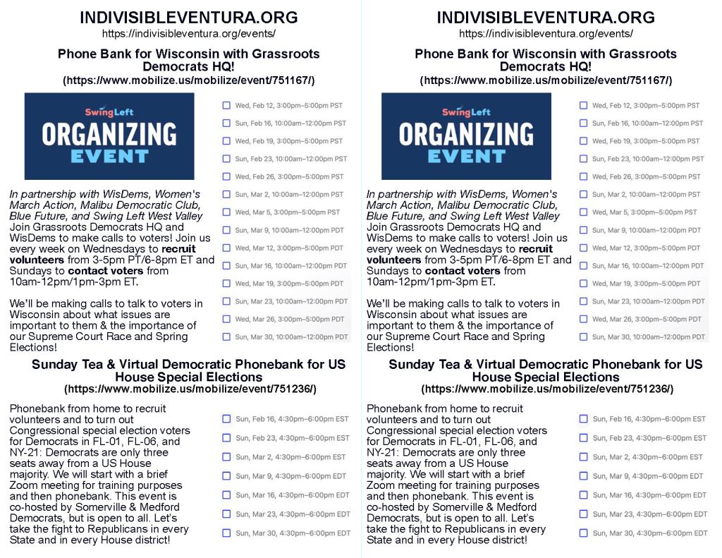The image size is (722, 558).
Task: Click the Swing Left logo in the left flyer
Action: click(109, 112)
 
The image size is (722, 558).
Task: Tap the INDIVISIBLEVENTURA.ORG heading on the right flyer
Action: click(545, 18)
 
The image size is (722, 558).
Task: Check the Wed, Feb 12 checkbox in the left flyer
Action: click(226, 106)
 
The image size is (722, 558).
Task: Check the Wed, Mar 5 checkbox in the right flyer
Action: click(583, 212)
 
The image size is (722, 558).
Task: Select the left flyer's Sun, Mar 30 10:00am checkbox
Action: click(226, 337)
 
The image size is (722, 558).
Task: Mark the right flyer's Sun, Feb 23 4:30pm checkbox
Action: click(583, 438)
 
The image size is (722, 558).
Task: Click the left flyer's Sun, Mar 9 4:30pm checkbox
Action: click(226, 476)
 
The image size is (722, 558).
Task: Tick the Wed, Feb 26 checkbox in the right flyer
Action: click(583, 176)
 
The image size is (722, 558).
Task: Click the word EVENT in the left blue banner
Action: click(109, 156)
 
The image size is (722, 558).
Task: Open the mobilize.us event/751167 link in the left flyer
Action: click(188, 80)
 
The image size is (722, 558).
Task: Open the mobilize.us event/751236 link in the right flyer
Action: click(546, 389)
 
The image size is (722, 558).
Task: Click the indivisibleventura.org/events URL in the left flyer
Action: click(188, 33)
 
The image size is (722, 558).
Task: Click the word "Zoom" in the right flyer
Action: click(382, 485)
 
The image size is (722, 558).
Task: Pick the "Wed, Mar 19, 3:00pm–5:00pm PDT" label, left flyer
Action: click(290, 284)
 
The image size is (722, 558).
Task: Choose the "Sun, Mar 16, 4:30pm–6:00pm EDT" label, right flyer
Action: click(649, 495)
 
